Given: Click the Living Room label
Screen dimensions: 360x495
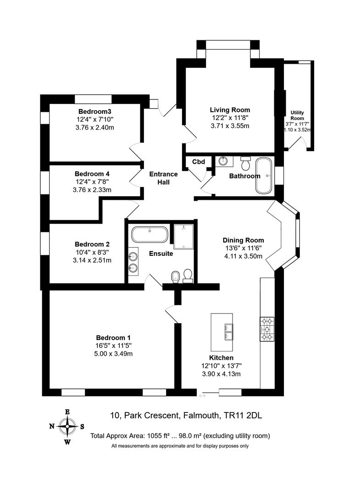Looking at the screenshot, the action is [230, 110].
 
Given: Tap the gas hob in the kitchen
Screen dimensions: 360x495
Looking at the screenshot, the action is [267, 329].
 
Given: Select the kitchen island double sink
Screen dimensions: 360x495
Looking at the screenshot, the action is [228, 332].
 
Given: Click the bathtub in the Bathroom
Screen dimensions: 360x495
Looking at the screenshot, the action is [264, 176].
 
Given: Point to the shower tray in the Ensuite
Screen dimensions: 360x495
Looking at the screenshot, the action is [183, 236].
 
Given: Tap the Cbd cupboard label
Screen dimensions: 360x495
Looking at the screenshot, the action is [199, 162].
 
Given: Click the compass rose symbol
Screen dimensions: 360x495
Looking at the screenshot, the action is [67, 427].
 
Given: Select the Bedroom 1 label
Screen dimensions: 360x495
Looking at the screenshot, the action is [113, 338].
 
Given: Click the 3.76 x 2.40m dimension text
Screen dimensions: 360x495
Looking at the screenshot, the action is [95, 128].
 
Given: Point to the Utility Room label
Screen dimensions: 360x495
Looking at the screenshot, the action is [297, 115].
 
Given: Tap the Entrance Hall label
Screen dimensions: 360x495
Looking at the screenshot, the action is [163, 178].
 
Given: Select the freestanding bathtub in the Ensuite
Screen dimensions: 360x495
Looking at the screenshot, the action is [150, 235].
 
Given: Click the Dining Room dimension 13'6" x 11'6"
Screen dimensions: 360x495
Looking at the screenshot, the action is [243, 248].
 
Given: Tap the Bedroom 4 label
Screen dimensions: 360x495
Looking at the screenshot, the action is [92, 174].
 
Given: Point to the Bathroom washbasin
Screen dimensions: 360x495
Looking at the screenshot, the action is [224, 161].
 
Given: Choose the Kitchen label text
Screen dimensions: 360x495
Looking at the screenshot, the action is [222, 357].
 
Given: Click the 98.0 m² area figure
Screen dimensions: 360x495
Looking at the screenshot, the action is [190, 436].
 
